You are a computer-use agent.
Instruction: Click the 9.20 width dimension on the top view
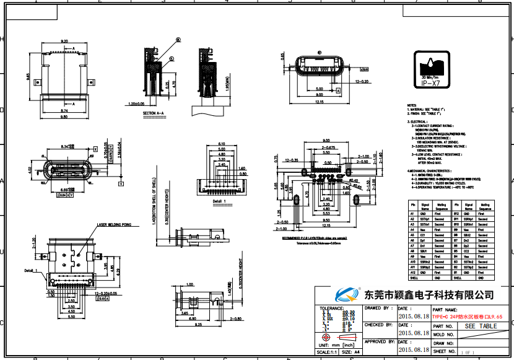[64, 41]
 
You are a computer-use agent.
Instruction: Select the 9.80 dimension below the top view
[64, 116]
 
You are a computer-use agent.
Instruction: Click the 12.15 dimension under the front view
[320, 101]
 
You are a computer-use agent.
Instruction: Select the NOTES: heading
[412, 106]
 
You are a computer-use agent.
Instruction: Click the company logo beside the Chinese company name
[347, 294]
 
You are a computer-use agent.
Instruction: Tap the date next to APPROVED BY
[413, 349]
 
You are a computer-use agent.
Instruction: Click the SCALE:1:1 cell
[328, 351]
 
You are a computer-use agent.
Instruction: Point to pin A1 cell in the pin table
[412, 214]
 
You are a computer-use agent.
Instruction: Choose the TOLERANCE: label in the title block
[331, 307]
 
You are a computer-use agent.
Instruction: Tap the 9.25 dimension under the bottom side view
[199, 325]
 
